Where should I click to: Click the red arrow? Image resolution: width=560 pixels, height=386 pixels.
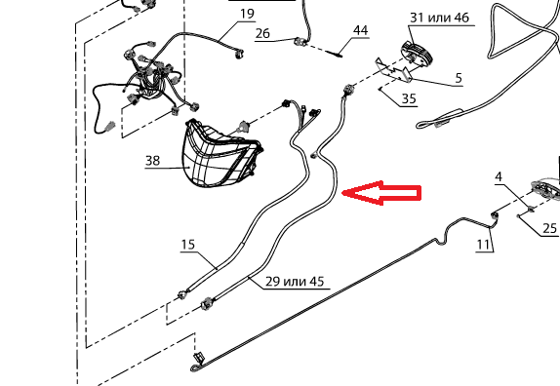(x=381, y=193)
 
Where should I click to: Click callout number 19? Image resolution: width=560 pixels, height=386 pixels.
(x=247, y=14)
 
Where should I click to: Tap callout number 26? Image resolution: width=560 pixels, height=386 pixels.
(x=262, y=33)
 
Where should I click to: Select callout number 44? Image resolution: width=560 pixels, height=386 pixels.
(x=360, y=30)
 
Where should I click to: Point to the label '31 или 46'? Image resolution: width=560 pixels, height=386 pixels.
(x=439, y=18)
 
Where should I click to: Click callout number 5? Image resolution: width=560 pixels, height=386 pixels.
(x=459, y=78)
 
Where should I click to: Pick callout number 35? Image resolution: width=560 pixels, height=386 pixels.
(x=409, y=98)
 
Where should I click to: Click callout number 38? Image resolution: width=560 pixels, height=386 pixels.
(x=152, y=161)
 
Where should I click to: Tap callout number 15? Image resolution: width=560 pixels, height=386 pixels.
(x=188, y=245)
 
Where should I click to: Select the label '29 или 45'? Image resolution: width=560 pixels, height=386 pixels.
(x=295, y=282)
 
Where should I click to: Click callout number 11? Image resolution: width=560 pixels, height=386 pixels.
(x=483, y=245)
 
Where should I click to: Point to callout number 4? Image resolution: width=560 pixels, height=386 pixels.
(x=499, y=177)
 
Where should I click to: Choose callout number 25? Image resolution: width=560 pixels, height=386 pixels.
(x=549, y=228)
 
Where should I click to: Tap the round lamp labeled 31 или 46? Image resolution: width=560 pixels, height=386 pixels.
(x=417, y=54)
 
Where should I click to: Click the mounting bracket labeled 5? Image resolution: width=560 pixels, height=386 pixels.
(x=393, y=70)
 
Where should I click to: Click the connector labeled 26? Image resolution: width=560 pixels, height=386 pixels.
(x=300, y=42)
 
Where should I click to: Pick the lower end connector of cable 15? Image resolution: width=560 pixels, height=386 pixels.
(x=183, y=294)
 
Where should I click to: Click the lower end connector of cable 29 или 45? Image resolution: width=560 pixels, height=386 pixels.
(x=206, y=304)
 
